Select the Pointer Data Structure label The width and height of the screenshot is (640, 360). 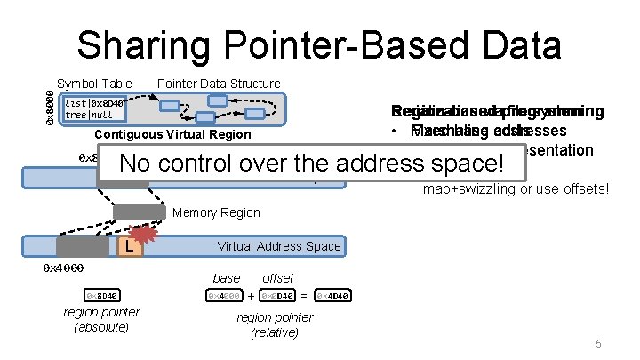(219, 84)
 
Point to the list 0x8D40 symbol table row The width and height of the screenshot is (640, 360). (95, 103)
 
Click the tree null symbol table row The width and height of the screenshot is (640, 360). (89, 115)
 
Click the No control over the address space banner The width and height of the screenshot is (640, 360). (311, 164)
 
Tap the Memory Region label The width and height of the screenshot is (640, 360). (216, 212)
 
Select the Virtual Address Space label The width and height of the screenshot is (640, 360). (278, 245)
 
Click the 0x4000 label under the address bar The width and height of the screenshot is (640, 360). (63, 267)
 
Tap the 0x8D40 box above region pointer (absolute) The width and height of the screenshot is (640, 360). (102, 295)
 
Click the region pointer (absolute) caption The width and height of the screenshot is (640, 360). (101, 319)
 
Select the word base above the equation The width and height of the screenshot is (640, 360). (226, 278)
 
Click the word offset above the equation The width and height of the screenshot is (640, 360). (278, 278)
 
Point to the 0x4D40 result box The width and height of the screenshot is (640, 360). (334, 295)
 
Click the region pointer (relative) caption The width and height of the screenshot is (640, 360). (275, 324)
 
